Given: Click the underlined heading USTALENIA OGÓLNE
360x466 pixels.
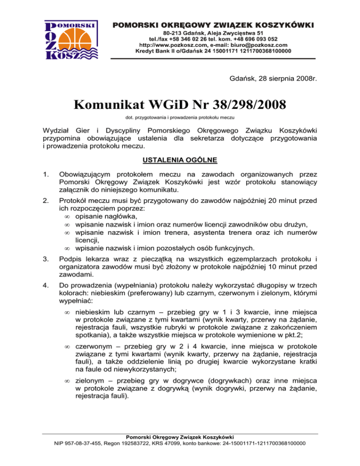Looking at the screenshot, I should (180, 161).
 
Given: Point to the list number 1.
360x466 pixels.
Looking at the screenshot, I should (45, 174).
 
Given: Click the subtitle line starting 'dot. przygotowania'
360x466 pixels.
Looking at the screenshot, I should (180, 117).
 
